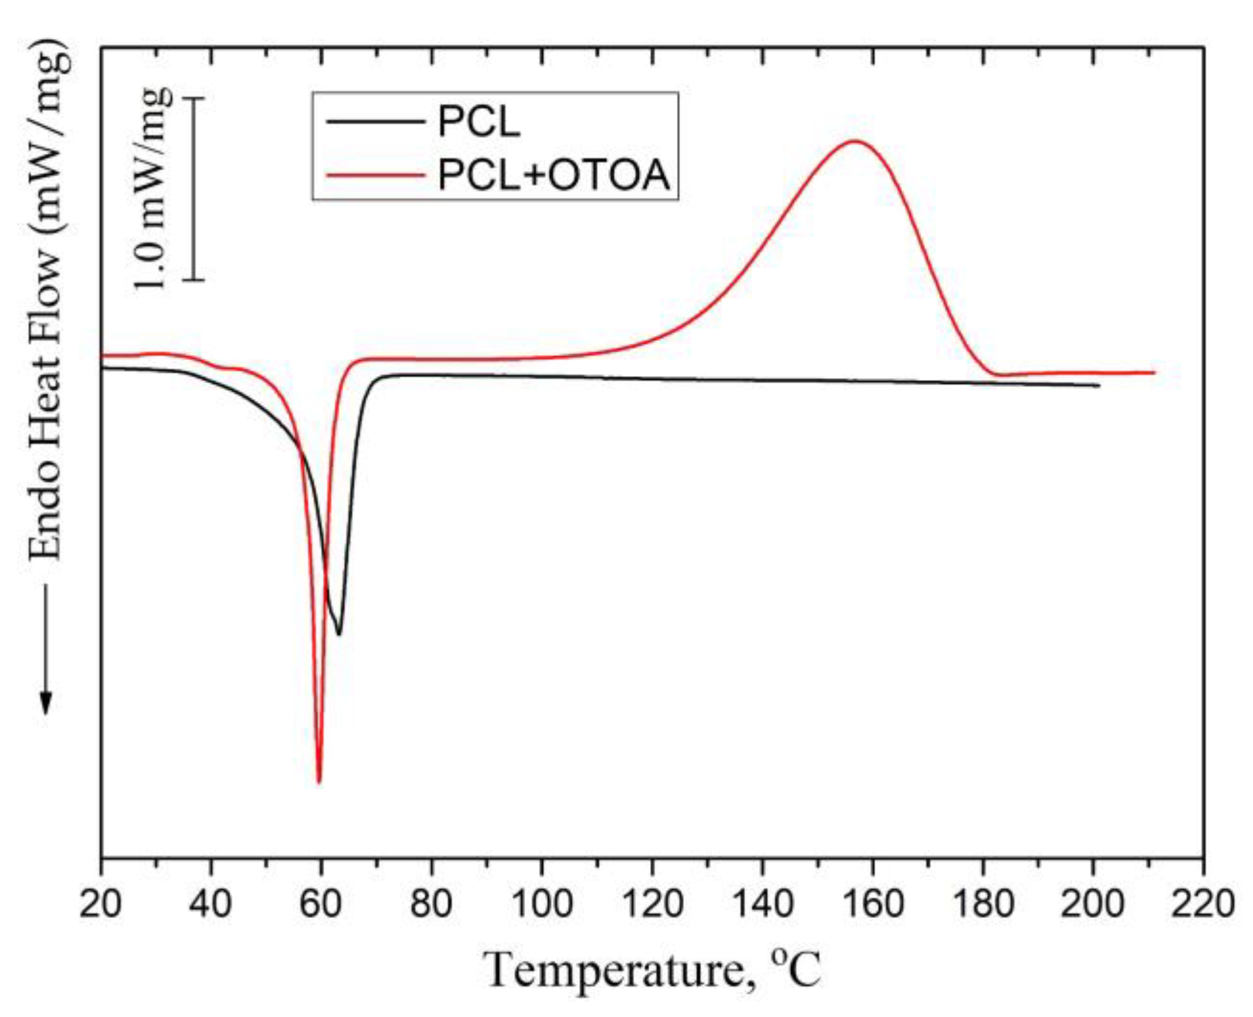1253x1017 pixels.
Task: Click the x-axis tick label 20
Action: pyautogui.click(x=100, y=904)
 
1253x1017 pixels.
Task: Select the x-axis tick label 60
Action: pyautogui.click(x=321, y=904)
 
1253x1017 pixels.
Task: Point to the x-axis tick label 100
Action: pyautogui.click(x=542, y=904)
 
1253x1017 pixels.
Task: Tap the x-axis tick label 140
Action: pyautogui.click(x=762, y=904)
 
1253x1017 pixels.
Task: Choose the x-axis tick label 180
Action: pyautogui.click(x=983, y=904)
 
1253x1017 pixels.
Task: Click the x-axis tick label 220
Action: pyautogui.click(x=1203, y=904)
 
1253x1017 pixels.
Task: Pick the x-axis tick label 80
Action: pyautogui.click(x=431, y=904)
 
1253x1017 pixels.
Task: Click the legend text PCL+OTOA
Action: pyautogui.click(x=553, y=175)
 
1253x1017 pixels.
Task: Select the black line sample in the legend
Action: pyautogui.click(x=375, y=121)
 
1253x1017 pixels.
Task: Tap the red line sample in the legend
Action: pyautogui.click(x=375, y=174)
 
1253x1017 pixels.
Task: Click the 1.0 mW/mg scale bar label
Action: pyautogui.click(x=153, y=189)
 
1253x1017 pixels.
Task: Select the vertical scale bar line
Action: pyautogui.click(x=194, y=189)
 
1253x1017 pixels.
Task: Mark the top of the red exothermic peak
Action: pyautogui.click(x=854, y=142)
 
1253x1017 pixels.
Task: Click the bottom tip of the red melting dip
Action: pyautogui.click(x=319, y=781)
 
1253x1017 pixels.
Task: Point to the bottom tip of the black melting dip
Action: pyautogui.click(x=339, y=634)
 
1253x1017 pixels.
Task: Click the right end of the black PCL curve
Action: pyautogui.click(x=1099, y=386)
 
